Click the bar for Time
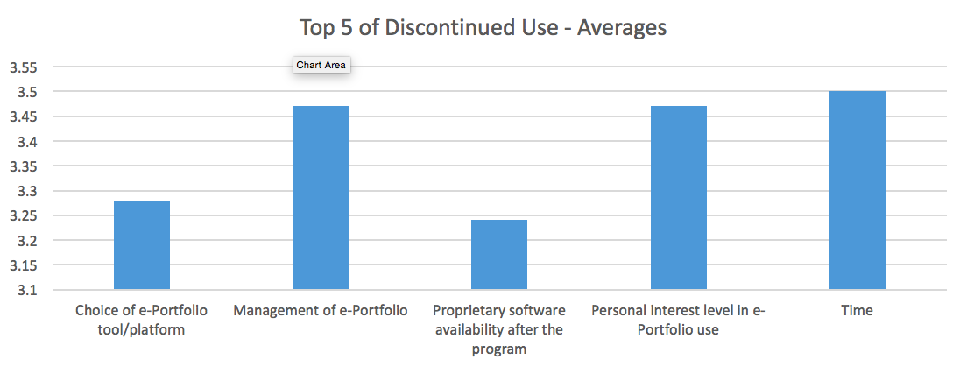(x=857, y=190)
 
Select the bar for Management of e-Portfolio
(x=321, y=198)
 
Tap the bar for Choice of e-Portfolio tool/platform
(x=142, y=245)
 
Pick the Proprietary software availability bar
(x=499, y=255)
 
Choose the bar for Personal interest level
(x=678, y=198)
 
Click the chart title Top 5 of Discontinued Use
(x=483, y=28)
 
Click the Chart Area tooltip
(x=321, y=65)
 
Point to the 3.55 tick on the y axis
(x=23, y=67)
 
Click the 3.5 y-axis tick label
(x=26, y=92)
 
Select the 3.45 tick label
(x=23, y=116)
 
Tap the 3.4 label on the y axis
(x=26, y=142)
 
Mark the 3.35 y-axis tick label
(x=23, y=166)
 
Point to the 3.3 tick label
(x=26, y=191)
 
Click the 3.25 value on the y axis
(x=23, y=216)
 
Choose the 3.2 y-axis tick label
(x=26, y=241)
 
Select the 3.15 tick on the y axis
(x=23, y=265)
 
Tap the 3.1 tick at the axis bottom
(x=26, y=291)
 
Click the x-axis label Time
(x=857, y=311)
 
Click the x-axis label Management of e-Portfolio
(x=321, y=311)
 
